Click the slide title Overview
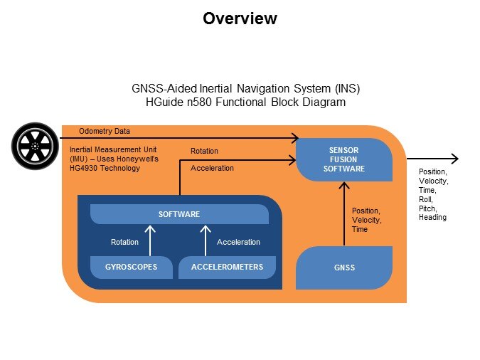coord(240,18)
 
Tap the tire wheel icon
coord(35,145)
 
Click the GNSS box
coord(343,268)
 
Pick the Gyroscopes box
coord(132,267)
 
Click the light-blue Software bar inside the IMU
coord(178,214)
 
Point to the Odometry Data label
coord(105,131)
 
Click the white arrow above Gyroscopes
coord(150,240)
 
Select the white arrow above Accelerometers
coord(206,240)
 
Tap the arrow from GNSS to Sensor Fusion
coord(343,213)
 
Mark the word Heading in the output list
coord(432,218)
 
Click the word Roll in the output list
coord(424,199)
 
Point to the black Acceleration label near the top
coord(212,169)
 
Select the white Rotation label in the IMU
coord(124,242)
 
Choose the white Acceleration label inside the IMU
coord(238,242)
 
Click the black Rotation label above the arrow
coord(204,151)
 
